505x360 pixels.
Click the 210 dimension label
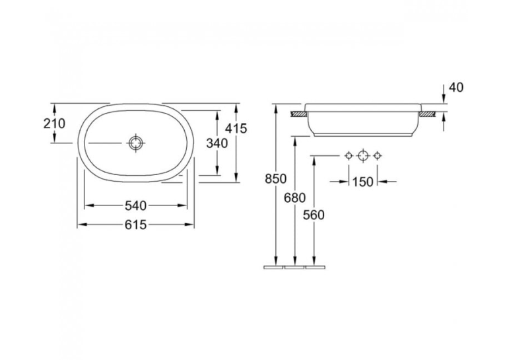pos(54,123)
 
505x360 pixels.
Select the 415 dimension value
pos(236,128)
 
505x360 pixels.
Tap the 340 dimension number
pos(217,143)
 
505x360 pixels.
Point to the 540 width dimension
pos(135,205)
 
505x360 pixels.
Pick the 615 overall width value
pos(135,225)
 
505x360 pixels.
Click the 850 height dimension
pos(276,178)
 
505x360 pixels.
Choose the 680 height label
pos(294,198)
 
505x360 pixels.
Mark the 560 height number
pos(314,215)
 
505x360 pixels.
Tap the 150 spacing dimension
pos(362,182)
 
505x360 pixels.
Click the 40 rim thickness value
pos(455,87)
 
